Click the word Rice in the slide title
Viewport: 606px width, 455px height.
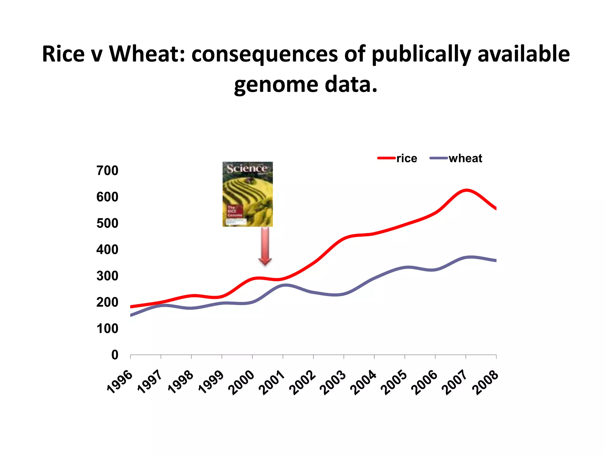click(x=63, y=54)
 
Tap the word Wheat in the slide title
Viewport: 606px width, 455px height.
click(x=147, y=54)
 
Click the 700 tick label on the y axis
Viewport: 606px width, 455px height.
click(x=107, y=171)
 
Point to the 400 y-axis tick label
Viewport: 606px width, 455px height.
click(x=107, y=250)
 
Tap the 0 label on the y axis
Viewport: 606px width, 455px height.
click(x=115, y=355)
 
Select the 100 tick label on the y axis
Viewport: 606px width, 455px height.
click(x=107, y=329)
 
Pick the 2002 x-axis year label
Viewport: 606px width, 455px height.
click(x=302, y=383)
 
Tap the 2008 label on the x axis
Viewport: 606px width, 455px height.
click(x=485, y=383)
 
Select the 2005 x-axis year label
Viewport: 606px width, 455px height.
click(x=394, y=383)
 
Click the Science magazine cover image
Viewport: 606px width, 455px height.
click(x=248, y=194)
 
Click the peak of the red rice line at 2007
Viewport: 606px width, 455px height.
click(x=466, y=190)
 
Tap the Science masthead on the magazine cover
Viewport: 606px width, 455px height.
click(x=247, y=169)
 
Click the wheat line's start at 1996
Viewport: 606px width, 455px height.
click(x=131, y=315)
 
